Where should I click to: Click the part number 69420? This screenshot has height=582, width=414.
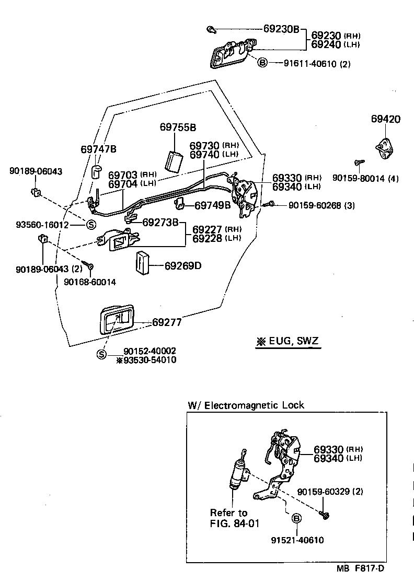click(x=386, y=119)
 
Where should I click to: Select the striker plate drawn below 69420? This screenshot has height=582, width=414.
click(x=386, y=147)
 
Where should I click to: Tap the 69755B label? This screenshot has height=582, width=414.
click(x=178, y=127)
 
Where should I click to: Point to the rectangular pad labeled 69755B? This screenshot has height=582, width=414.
click(x=174, y=160)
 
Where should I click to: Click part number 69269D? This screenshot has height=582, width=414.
click(x=182, y=266)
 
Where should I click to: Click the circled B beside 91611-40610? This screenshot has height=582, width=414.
click(x=262, y=63)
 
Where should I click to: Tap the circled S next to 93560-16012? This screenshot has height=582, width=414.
click(x=90, y=225)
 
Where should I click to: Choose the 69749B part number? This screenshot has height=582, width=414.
click(x=212, y=205)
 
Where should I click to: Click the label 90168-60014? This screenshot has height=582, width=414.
click(x=90, y=282)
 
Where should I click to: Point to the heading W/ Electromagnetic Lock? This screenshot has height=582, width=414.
click(x=246, y=405)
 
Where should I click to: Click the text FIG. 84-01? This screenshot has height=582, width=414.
click(x=235, y=523)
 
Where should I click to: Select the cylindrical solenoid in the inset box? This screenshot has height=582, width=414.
click(x=236, y=473)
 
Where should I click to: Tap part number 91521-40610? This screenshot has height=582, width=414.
click(x=297, y=540)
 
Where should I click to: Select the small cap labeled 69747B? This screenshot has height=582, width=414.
click(x=97, y=171)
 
